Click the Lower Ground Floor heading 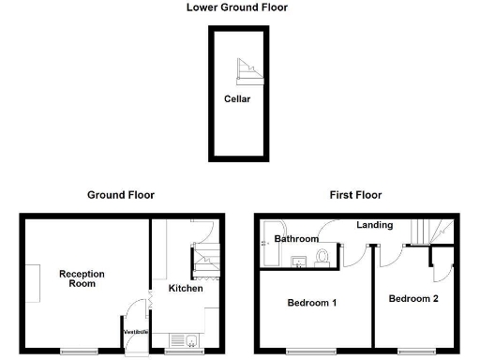pyautogui.click(x=237, y=7)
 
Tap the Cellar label pyautogui.click(x=237, y=98)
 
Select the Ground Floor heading pyautogui.click(x=121, y=195)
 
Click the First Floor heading pyautogui.click(x=355, y=195)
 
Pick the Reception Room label pyautogui.click(x=82, y=278)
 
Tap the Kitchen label pyautogui.click(x=186, y=288)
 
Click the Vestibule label pyautogui.click(x=136, y=330)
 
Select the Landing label pyautogui.click(x=374, y=225)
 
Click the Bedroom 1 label pyautogui.click(x=312, y=303)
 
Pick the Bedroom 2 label pyautogui.click(x=413, y=298)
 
